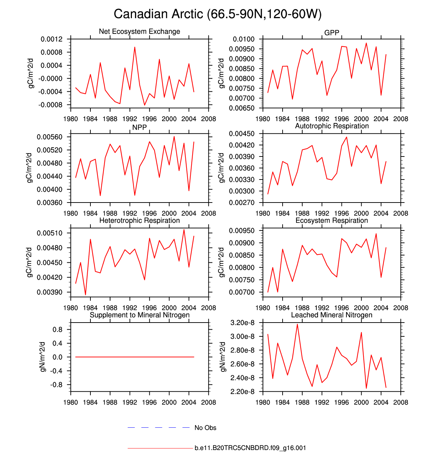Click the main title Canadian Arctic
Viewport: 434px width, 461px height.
click(217, 14)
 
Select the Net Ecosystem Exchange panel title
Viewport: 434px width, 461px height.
click(139, 32)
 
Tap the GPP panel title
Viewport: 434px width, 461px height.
click(332, 33)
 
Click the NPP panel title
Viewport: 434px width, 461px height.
click(139, 127)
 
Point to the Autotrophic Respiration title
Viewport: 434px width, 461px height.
click(332, 126)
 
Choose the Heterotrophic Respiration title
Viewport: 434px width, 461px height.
click(139, 221)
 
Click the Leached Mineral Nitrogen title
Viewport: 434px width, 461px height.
click(332, 315)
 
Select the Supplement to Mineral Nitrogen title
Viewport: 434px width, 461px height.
click(139, 315)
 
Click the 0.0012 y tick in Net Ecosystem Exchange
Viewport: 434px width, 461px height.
click(51, 39)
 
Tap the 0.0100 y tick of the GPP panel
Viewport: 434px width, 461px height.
click(244, 39)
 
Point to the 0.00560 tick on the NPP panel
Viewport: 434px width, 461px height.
click(49, 137)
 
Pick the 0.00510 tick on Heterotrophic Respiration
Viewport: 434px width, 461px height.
click(49, 233)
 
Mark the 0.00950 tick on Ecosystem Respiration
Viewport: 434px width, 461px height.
click(241, 231)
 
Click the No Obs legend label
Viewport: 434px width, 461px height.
click(205, 428)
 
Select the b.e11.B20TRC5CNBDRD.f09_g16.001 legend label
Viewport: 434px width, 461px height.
click(250, 448)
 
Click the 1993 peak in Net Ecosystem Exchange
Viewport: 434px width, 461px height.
click(135, 47)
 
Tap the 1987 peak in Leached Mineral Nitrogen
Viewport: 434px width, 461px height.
click(297, 324)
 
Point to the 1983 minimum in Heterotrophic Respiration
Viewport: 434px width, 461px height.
click(85, 295)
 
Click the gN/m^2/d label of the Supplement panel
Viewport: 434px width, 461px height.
click(42, 357)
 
